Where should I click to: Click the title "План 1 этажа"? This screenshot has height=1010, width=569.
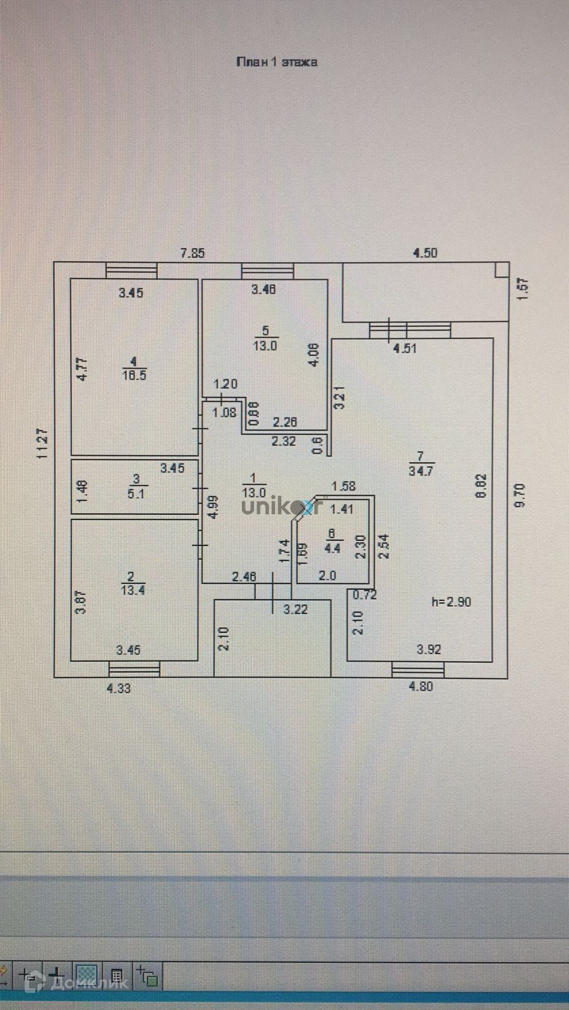[276, 62]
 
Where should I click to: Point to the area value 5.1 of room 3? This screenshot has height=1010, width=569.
[136, 494]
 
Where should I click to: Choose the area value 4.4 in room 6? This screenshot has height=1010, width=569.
[332, 549]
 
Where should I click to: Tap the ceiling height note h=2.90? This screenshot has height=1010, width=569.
[451, 602]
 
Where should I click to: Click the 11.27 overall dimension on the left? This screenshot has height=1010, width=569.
[43, 443]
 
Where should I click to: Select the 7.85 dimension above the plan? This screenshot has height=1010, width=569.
[193, 253]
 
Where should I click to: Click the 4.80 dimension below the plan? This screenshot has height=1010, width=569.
[421, 687]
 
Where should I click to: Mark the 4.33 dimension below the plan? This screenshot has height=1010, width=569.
[119, 689]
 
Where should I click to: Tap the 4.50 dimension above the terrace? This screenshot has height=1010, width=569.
[425, 253]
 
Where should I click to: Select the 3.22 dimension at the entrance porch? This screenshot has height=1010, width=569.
[295, 609]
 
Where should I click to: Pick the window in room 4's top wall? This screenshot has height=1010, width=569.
[131, 270]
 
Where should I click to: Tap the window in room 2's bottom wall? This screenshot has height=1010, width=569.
[134, 668]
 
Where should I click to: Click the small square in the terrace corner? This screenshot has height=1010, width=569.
[501, 270]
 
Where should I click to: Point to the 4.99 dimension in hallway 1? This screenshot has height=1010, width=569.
[213, 506]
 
